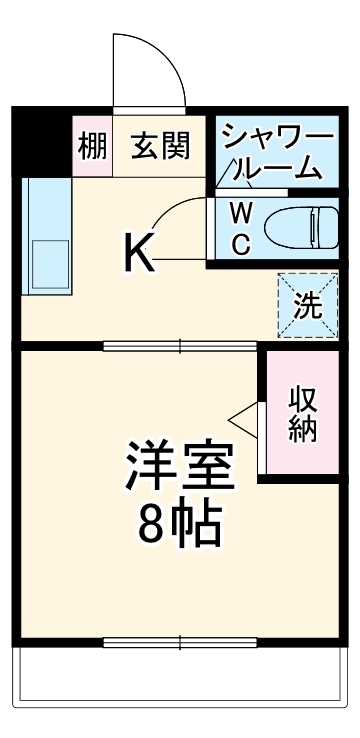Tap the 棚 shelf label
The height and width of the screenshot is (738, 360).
(x=92, y=147)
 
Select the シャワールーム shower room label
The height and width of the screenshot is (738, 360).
(x=270, y=150)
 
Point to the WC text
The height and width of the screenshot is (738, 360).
(x=240, y=229)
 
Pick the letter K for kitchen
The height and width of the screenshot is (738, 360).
(x=139, y=254)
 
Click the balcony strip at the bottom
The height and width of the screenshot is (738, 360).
(x=180, y=691)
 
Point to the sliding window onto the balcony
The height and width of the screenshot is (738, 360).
(x=180, y=642)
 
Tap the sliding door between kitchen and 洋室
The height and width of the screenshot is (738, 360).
(x=180, y=347)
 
